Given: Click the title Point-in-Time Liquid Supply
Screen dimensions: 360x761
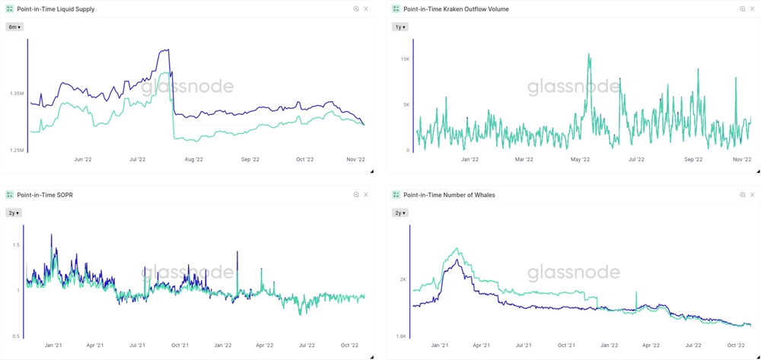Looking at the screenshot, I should [x=56, y=9].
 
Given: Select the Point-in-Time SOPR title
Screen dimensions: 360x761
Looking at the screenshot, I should [x=45, y=195].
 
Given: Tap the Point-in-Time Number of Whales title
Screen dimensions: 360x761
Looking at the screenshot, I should [x=449, y=195].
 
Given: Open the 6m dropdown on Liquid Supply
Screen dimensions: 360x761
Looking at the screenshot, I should [x=14, y=27].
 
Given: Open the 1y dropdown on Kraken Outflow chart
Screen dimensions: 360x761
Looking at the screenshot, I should [x=400, y=27].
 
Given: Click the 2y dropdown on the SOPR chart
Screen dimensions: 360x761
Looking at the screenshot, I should [x=14, y=213].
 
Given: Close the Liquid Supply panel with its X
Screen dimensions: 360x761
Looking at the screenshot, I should [x=366, y=9].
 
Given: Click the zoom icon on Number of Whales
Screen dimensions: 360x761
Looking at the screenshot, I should [x=743, y=195].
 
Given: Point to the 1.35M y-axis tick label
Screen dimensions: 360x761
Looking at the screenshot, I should [x=17, y=94].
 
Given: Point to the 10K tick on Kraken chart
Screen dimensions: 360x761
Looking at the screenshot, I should [x=405, y=59].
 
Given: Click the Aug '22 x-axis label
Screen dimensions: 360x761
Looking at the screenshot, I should [x=194, y=160].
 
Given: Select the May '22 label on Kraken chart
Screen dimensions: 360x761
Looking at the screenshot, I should [x=580, y=160].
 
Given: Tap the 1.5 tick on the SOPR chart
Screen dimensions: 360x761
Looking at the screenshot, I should [x=16, y=244].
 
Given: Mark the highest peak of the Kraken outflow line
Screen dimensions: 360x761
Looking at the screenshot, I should [x=588, y=54].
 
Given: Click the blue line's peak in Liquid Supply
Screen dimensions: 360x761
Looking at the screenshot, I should [x=167, y=50].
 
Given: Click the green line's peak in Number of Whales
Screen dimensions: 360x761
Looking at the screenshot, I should [x=457, y=248].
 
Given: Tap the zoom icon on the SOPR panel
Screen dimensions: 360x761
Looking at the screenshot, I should [x=356, y=195].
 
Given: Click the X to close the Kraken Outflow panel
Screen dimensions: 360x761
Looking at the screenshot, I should [x=753, y=9].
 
